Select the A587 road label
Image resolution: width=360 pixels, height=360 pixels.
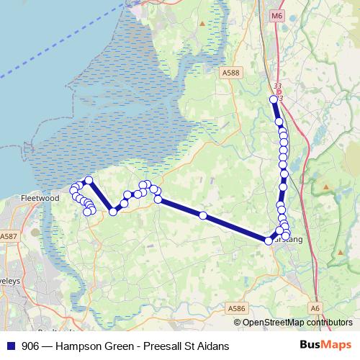tap(9, 236)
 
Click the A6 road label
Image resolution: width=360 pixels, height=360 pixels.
tap(315, 308)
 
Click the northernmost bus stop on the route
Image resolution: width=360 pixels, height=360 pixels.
tap(274, 99)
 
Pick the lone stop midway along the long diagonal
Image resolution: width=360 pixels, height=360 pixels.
tap(203, 215)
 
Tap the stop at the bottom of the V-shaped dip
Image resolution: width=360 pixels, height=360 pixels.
tap(113, 211)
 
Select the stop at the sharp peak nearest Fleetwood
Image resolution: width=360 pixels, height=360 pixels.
tap(89, 180)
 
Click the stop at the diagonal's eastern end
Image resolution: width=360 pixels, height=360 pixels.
tap(268, 240)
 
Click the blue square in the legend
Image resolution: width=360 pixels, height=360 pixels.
tap(10, 346)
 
